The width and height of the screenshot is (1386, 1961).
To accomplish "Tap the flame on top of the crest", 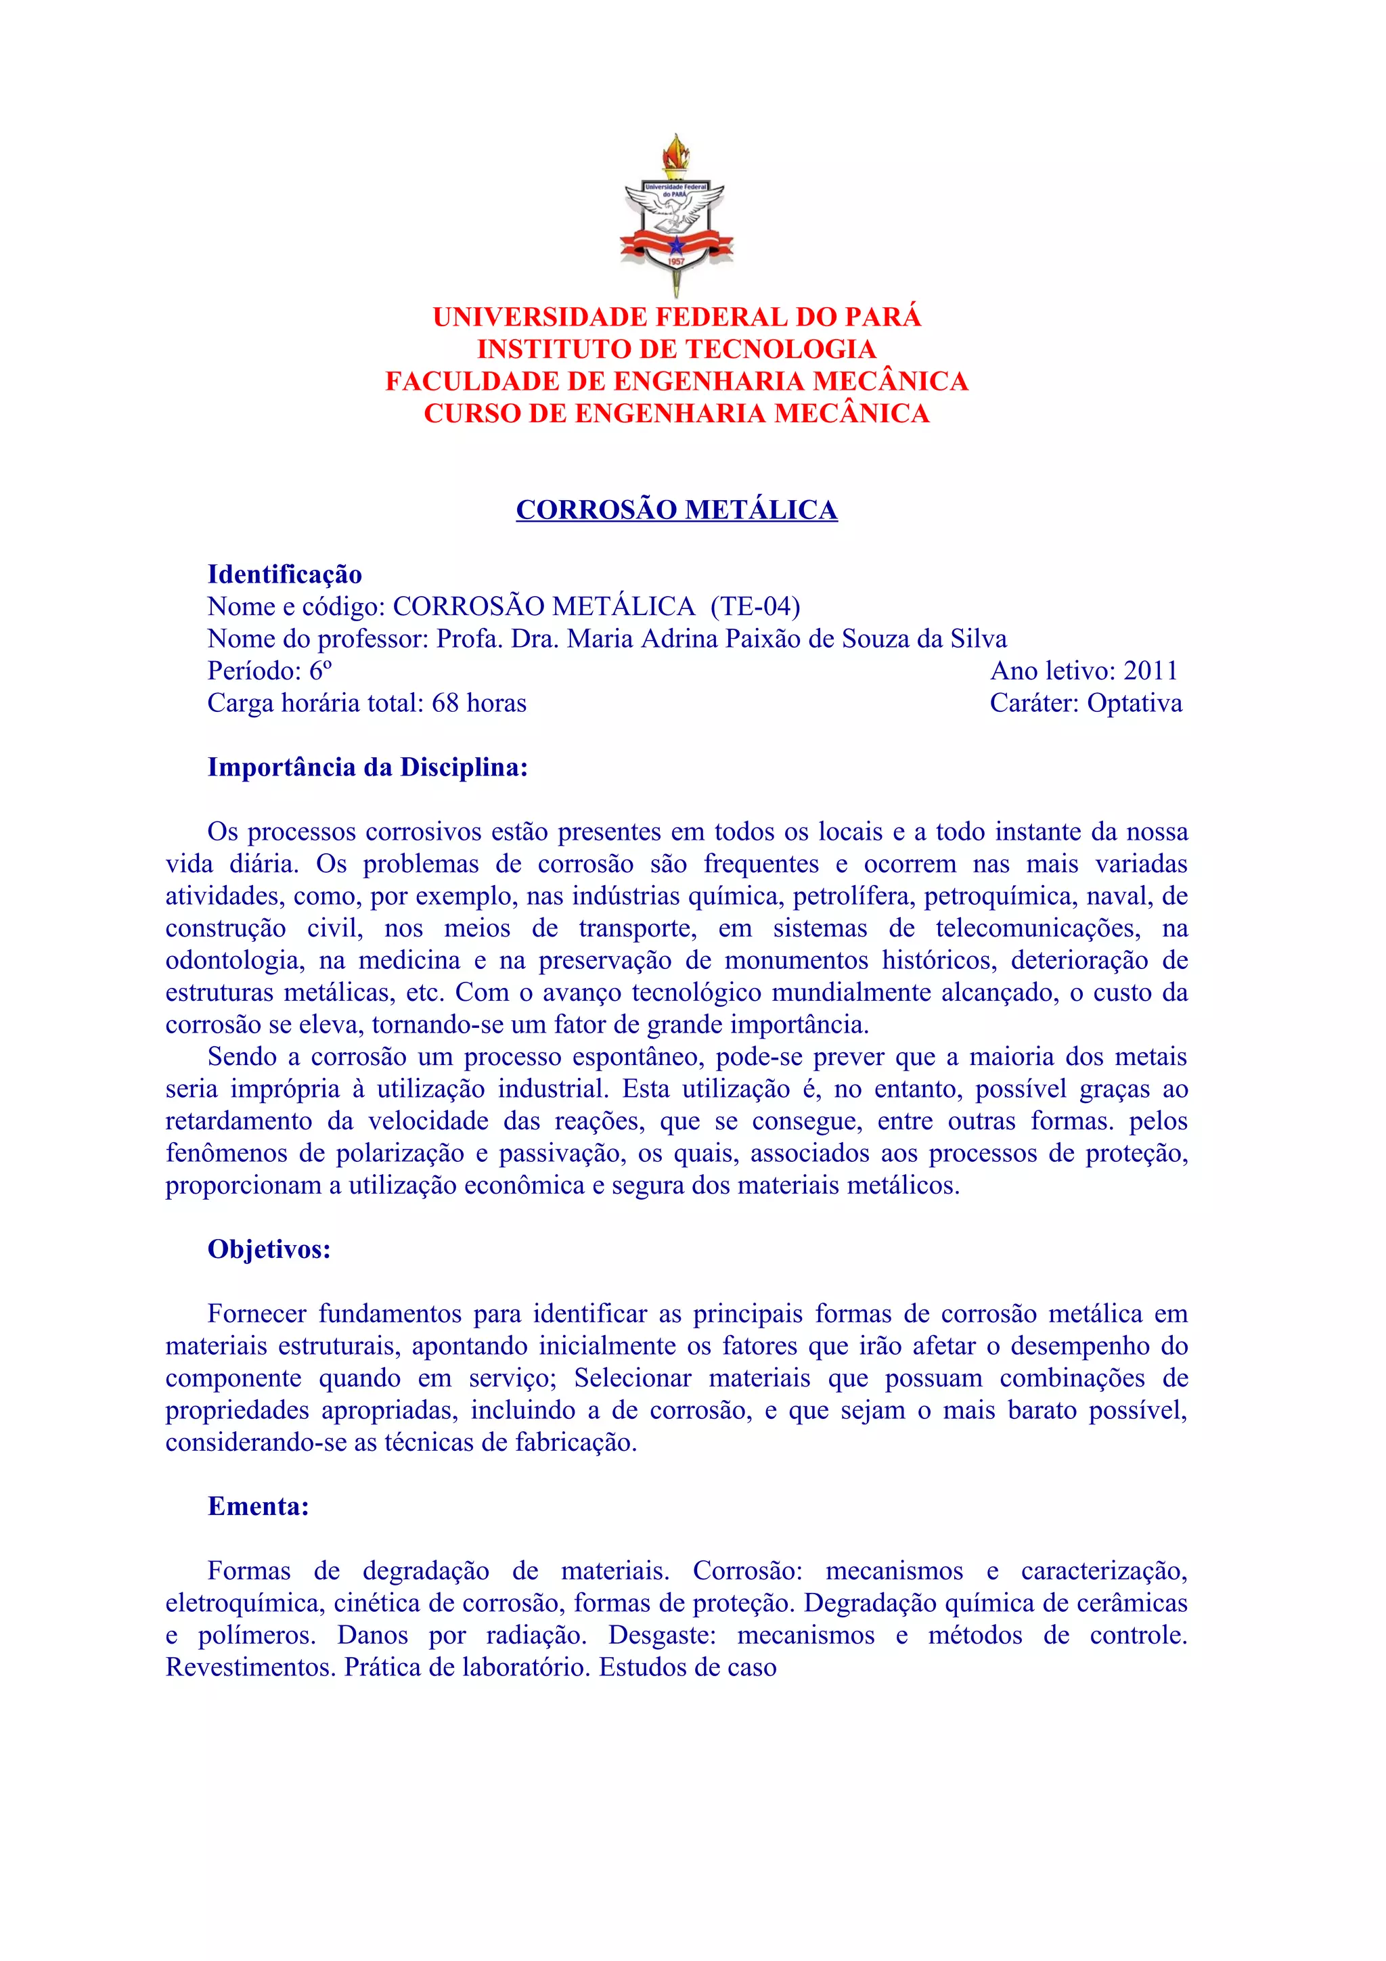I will (x=676, y=154).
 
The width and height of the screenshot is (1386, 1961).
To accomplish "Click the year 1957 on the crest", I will (x=676, y=261).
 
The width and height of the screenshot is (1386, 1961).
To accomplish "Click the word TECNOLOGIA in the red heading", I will (x=780, y=349).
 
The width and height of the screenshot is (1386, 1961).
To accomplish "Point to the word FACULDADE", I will (x=472, y=381).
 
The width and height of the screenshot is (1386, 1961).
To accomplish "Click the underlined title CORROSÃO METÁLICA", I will (x=676, y=510).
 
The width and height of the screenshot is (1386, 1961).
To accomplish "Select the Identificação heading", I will (x=284, y=574).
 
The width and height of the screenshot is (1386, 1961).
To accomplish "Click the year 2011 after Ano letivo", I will (x=1150, y=671).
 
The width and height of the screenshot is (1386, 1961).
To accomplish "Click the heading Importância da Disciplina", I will (x=367, y=767).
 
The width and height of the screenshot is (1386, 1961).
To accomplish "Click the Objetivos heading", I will (x=269, y=1250).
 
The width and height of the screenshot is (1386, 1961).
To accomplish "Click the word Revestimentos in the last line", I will (x=251, y=1667).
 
